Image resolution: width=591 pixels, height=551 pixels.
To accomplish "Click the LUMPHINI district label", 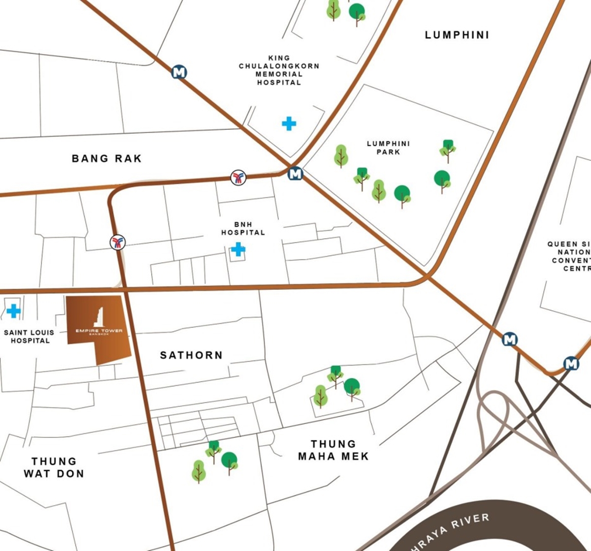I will (457, 35).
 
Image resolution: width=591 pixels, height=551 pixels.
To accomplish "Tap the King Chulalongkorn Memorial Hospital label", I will (279, 70).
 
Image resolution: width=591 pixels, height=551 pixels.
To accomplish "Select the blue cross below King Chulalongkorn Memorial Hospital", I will (289, 123).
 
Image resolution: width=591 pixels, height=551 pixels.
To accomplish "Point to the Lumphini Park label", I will (388, 148).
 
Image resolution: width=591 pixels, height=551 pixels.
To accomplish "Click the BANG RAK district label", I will (106, 158).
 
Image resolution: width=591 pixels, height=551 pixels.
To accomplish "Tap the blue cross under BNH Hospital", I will (238, 249).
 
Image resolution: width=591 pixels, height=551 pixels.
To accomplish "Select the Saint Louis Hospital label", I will (30, 337).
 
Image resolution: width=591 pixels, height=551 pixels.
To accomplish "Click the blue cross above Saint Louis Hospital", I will (13, 311).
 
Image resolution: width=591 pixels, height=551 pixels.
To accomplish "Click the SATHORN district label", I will (191, 355).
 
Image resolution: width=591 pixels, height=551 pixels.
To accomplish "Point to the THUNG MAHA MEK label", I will (333, 450).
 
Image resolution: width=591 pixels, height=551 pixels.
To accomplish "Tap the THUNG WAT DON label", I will (54, 467).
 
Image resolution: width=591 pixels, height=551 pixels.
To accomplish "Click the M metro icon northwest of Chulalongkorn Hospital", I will (179, 72).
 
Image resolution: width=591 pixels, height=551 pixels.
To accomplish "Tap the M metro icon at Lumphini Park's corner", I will (295, 174).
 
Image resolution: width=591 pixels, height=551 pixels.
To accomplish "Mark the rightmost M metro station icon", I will (571, 364).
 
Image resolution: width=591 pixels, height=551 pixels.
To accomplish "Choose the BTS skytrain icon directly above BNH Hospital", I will (238, 178).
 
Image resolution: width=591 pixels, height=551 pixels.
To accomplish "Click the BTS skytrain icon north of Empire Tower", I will (118, 242).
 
